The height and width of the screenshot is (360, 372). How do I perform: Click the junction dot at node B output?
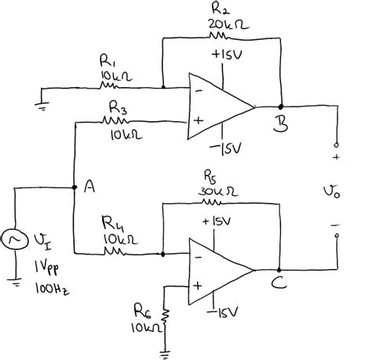pos(280,105)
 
